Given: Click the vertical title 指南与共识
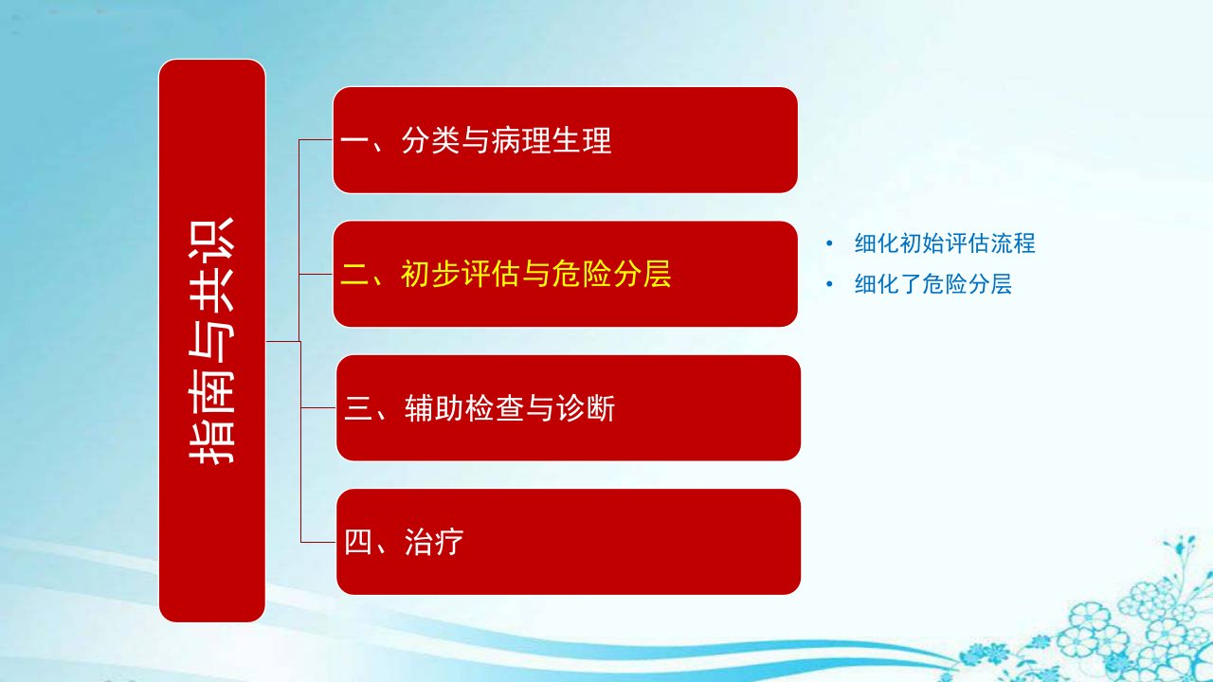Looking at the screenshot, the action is (211, 341).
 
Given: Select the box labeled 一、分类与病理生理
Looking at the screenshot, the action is (565, 139).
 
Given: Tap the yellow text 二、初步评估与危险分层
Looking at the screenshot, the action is (506, 274).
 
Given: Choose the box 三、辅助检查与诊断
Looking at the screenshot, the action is (568, 407).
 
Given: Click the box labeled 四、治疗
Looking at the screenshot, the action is (568, 542).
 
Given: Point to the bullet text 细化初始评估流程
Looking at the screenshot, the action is (945, 243).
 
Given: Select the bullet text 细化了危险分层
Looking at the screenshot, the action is (933, 284).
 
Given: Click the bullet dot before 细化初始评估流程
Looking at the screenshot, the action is (829, 243).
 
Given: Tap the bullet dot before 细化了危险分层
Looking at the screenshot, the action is (829, 284).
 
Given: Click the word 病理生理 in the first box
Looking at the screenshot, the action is (552, 140).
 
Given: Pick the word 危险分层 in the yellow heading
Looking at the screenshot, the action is (611, 274).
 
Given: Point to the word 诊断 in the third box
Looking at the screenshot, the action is (586, 408).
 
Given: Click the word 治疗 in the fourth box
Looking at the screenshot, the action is (434, 542).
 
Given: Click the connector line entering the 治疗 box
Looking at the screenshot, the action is (318, 542).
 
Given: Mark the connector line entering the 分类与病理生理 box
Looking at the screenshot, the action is (316, 139).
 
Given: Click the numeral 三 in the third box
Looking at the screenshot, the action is (358, 408).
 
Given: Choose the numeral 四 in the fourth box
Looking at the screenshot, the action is (358, 542).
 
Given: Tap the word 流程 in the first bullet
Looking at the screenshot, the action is (1013, 243).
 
